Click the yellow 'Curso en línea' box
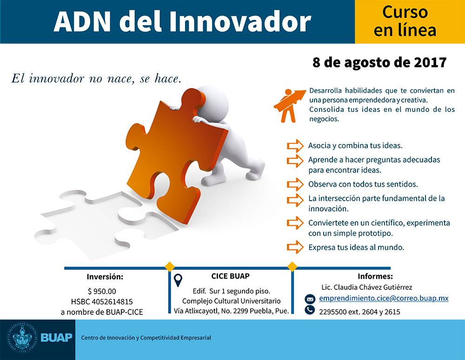[x=410, y=22]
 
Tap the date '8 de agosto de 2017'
[x=379, y=63]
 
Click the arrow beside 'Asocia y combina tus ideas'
[x=295, y=146]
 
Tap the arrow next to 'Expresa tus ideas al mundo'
[x=295, y=247]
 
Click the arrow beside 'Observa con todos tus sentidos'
[x=295, y=184]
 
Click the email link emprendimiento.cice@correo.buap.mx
[x=384, y=298]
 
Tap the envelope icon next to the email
[x=310, y=299]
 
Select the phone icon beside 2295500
[x=310, y=310]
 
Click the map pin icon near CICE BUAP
[x=178, y=280]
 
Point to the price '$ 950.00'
[x=102, y=291]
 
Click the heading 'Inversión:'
[x=105, y=277]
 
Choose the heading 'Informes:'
[x=375, y=276]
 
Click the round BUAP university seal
[x=22, y=338]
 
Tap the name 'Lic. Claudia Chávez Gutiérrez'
[x=367, y=287]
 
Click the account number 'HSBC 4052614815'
[x=102, y=301]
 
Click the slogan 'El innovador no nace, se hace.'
[x=96, y=79]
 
